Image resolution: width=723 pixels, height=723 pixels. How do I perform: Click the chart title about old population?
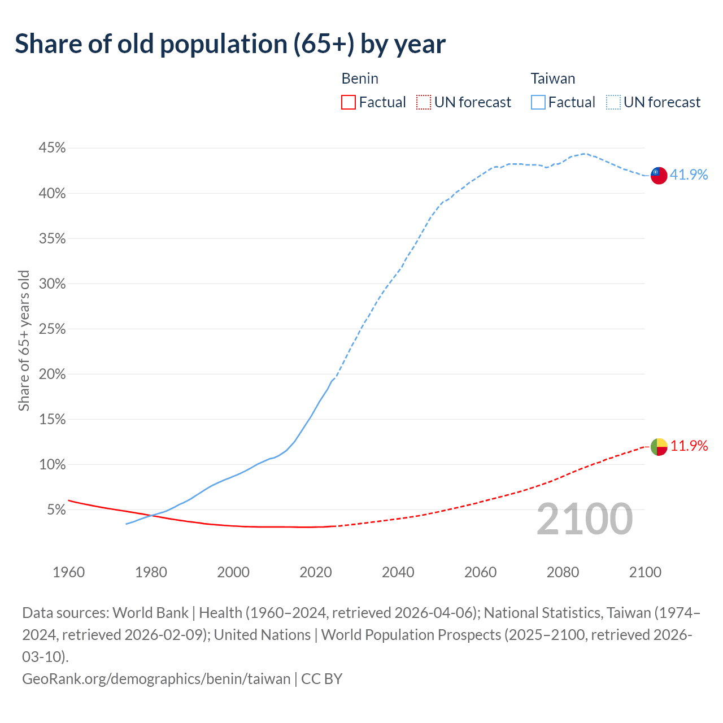point(230,44)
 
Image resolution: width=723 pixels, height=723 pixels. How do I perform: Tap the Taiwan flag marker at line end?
point(659,175)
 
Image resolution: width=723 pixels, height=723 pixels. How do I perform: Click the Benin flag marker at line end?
point(659,447)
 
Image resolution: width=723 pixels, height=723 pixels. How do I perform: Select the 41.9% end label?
point(689,175)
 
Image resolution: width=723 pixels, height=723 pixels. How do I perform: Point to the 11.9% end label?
point(689,446)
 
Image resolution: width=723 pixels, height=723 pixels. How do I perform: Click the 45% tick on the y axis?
point(52,148)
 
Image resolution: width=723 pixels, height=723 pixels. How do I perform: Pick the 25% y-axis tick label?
point(52,329)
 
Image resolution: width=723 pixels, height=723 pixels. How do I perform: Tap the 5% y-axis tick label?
point(55,509)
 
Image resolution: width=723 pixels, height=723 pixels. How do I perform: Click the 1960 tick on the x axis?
point(68,572)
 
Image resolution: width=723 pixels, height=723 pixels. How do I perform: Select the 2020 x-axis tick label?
point(316,572)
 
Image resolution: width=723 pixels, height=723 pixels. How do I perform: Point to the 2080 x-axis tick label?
point(563,572)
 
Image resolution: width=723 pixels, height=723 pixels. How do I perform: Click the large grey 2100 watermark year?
point(585,519)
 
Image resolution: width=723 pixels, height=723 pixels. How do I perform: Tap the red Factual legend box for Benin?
point(349,102)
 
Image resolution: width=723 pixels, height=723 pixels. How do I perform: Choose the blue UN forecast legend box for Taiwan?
point(613,102)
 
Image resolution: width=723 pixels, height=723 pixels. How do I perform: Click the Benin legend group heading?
point(360,79)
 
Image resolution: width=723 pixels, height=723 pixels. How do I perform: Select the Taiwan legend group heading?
point(552,79)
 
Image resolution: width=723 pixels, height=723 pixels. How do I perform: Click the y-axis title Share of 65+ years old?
point(24,340)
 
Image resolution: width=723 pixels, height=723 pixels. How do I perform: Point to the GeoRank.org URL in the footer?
point(156,678)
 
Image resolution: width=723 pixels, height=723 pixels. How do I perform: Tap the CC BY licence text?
point(322,678)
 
